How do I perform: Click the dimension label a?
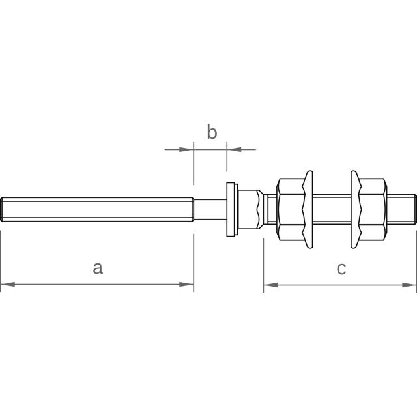pyautogui.click(x=98, y=268)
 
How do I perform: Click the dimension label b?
pyautogui.click(x=212, y=132)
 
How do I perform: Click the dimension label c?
pyautogui.click(x=341, y=268)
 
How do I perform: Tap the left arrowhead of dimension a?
pyautogui.click(x=8, y=285)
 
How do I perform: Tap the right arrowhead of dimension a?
pyautogui.click(x=186, y=285)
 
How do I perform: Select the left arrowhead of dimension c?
pyautogui.click(x=270, y=285)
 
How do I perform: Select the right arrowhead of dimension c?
pyautogui.click(x=409, y=285)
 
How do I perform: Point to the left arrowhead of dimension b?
pyautogui.click(x=186, y=149)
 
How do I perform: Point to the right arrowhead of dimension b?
pyautogui.click(x=234, y=149)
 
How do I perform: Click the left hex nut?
pyautogui.click(x=291, y=209)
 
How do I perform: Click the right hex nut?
pyautogui.click(x=373, y=209)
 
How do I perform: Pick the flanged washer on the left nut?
pyautogui.click(x=308, y=209)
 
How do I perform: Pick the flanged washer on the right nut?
pyautogui.click(x=356, y=209)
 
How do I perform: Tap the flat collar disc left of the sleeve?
pyautogui.click(x=232, y=209)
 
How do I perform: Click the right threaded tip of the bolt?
pyautogui.click(x=414, y=209)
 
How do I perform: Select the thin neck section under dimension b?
pyautogui.click(x=210, y=209)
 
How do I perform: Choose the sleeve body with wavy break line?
pyautogui.click(x=248, y=209)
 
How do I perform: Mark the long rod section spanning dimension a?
pyautogui.click(x=97, y=209)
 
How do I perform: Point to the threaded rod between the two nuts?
pyautogui.click(x=332, y=209)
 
